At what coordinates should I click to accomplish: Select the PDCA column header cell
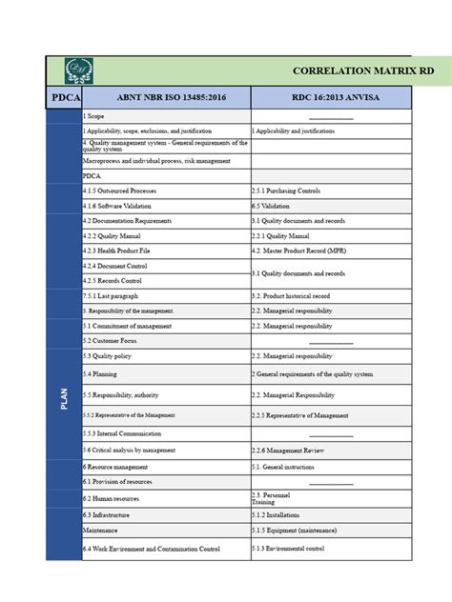(64, 97)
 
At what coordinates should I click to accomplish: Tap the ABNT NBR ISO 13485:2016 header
(166, 97)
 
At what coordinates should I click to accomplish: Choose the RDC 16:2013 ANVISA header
(330, 97)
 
